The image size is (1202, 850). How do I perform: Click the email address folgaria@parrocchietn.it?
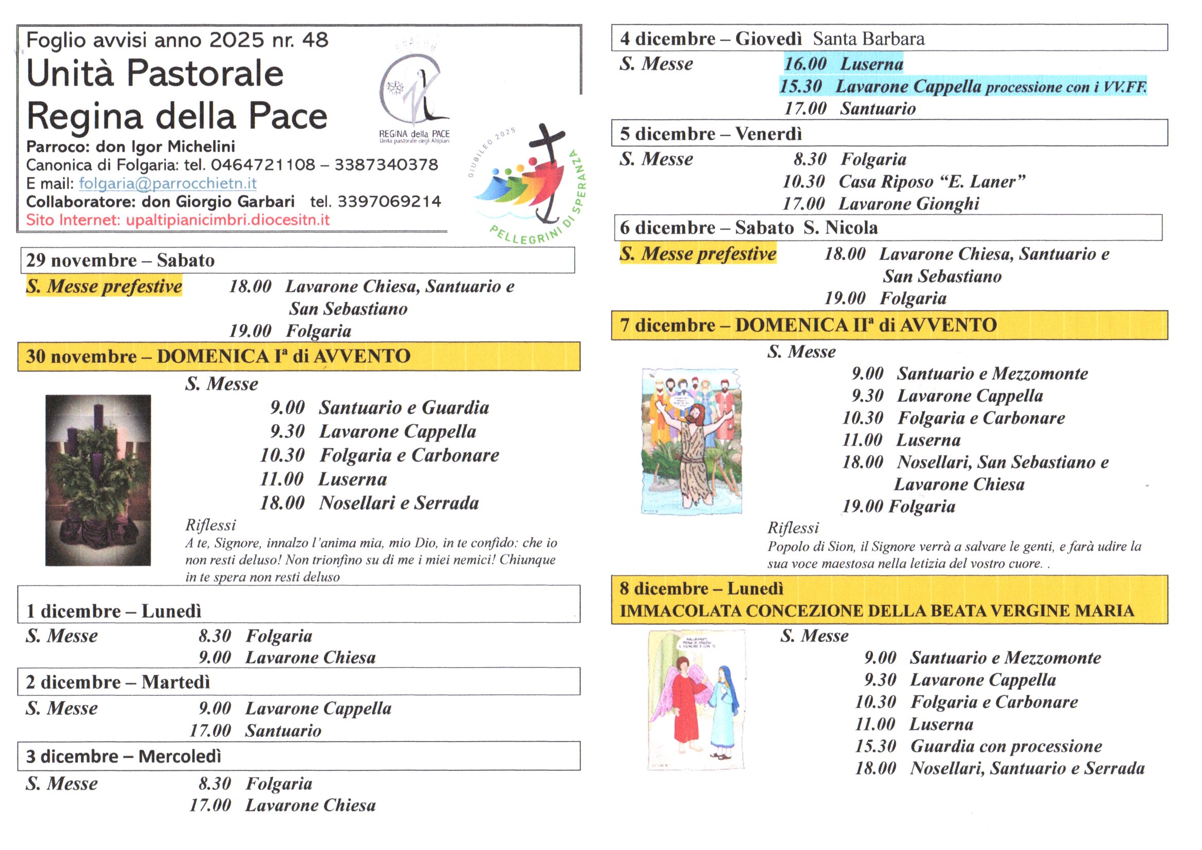click(168, 183)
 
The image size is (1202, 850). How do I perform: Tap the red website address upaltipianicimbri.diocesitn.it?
click(228, 220)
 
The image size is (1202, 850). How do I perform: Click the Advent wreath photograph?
click(98, 480)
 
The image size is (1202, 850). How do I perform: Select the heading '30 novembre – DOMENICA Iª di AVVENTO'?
click(218, 357)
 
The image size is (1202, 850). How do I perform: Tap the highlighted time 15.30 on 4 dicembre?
click(800, 86)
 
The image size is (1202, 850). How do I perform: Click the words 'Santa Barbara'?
click(868, 39)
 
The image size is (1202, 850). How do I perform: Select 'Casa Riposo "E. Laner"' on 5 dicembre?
click(932, 181)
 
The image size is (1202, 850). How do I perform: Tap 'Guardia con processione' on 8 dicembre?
click(1006, 746)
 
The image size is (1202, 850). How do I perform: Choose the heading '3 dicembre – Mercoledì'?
click(123, 756)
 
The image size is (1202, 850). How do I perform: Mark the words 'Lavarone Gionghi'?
click(909, 204)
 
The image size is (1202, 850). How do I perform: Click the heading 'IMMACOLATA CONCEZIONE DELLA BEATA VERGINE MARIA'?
click(877, 611)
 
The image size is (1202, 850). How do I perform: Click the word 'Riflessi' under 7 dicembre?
click(793, 528)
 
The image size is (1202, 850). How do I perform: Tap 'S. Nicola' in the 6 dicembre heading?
click(841, 228)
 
